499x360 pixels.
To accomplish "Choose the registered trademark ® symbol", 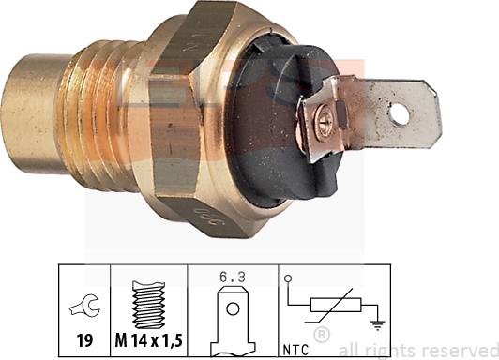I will click(x=321, y=335).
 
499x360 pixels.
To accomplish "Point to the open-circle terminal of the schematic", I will click(x=287, y=277).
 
